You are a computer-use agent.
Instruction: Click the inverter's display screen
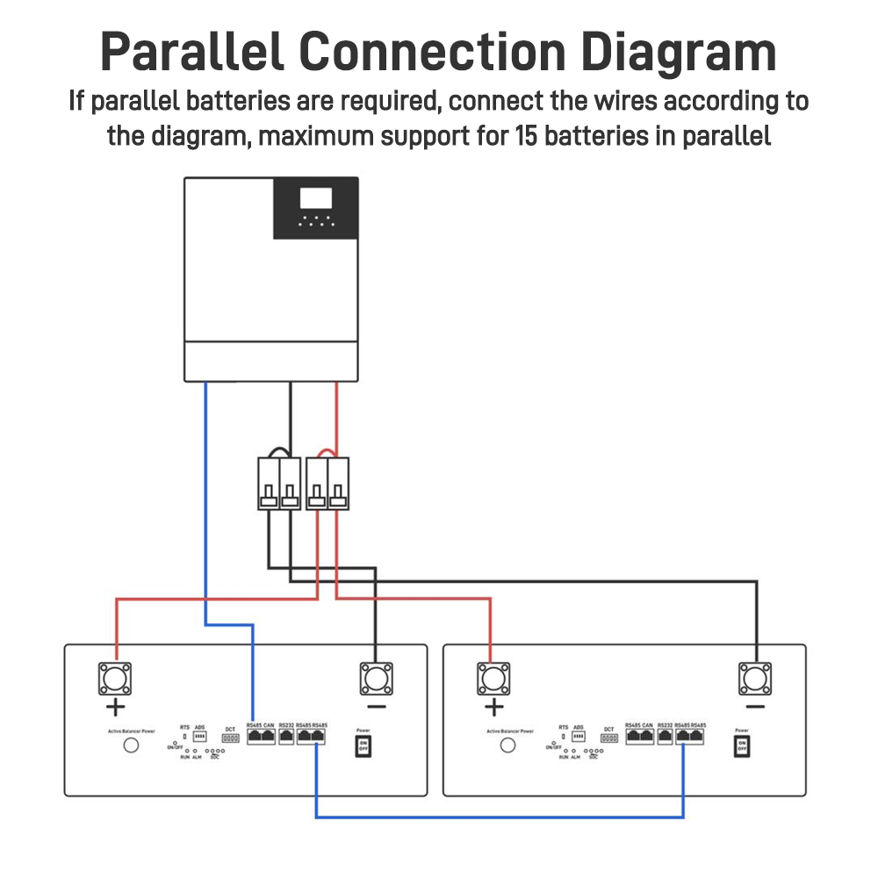316,198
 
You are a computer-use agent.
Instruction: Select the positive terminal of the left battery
114,679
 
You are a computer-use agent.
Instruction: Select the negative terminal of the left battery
376,679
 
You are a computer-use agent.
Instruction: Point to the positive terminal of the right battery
493,679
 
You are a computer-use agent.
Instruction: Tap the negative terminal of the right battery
755,679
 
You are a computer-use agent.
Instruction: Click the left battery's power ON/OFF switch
363,746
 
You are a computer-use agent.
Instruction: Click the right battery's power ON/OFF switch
742,746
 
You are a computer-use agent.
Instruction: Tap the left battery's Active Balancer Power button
131,745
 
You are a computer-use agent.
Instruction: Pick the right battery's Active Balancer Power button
507,745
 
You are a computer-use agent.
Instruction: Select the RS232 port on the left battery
286,738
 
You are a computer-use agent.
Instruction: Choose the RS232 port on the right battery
665,738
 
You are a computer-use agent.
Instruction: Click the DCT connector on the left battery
230,739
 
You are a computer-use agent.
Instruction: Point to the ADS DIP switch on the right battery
579,738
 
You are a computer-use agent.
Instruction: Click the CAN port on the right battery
647,738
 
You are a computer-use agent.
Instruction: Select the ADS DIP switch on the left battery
199,738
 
